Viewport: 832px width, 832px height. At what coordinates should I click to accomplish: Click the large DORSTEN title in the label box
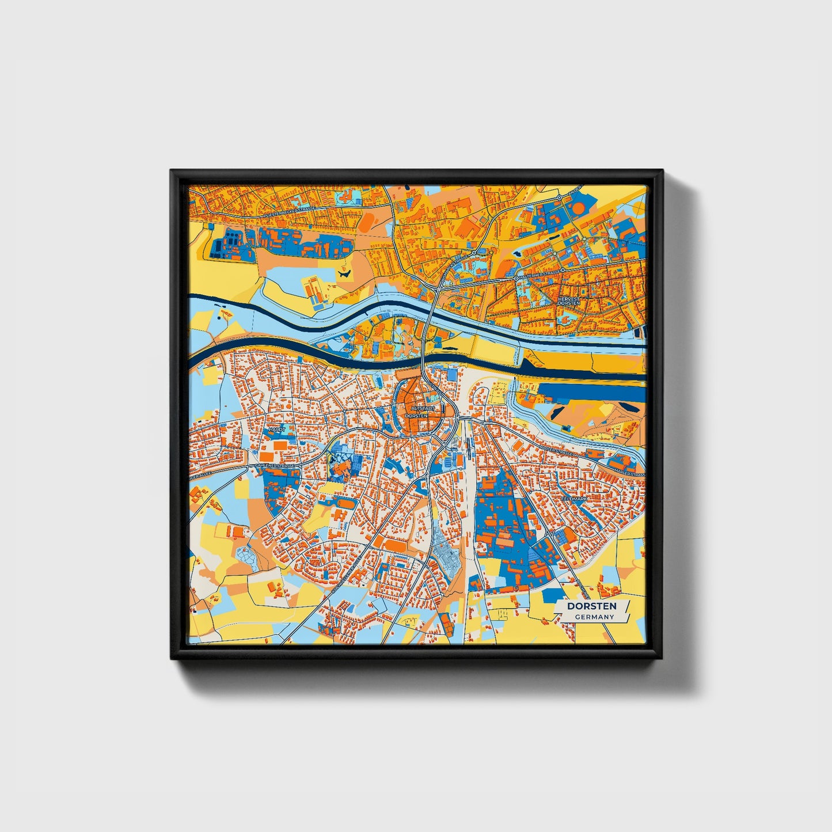[591, 606]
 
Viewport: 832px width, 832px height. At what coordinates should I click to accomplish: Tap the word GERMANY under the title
[594, 617]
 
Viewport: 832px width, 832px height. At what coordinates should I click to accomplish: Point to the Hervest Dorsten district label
[568, 301]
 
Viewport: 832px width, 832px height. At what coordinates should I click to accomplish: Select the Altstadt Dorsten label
[416, 411]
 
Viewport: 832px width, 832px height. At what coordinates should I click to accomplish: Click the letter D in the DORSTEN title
[571, 606]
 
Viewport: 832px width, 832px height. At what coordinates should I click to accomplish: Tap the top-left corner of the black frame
[171, 170]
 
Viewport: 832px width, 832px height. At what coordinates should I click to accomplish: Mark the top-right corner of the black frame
[663, 170]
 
